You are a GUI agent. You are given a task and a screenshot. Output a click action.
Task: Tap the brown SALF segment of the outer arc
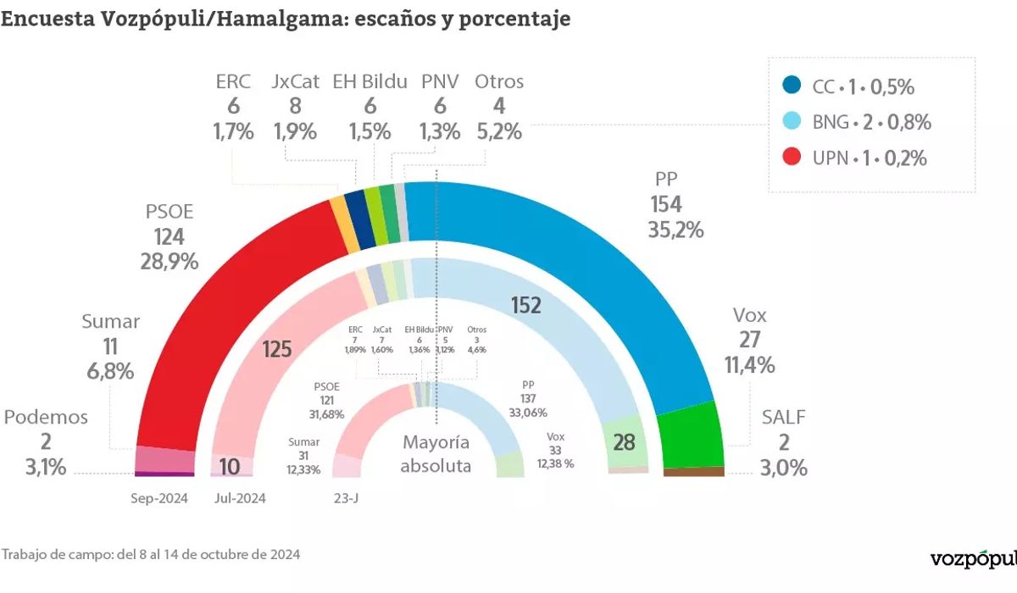694,472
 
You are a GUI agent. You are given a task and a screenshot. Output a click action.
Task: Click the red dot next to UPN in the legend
792,158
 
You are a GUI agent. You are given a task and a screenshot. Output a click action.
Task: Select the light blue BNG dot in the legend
792,122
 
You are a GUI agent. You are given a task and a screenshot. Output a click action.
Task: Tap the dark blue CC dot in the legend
792,86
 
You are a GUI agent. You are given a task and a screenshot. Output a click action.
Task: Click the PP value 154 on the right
666,204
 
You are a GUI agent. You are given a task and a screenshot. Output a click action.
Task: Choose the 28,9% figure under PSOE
169,262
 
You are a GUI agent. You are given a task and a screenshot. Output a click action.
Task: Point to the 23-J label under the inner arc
347,498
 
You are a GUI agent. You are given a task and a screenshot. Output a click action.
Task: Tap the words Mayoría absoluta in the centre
436,454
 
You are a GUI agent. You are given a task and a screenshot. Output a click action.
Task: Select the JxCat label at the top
296,82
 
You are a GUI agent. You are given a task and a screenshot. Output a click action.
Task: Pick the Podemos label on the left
46,417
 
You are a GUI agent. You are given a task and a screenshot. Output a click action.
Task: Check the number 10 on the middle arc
229,466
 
